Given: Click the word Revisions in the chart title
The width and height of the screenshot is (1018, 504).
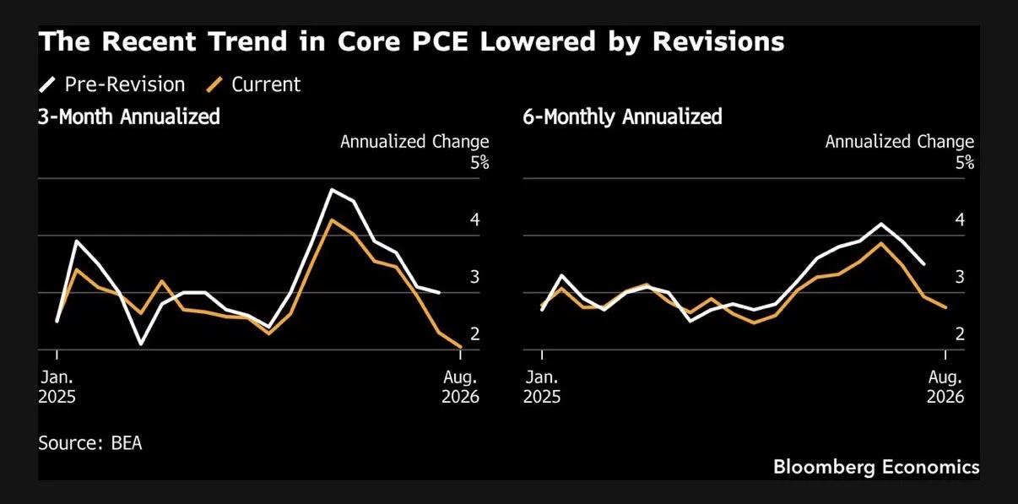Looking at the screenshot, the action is [718, 41].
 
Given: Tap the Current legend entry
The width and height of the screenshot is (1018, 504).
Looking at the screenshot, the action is [253, 84].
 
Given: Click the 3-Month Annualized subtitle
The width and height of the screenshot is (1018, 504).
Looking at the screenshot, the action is [129, 117].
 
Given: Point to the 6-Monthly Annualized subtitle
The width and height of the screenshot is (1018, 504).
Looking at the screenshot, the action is [622, 117].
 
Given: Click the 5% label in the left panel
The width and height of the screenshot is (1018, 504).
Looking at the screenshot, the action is [480, 162].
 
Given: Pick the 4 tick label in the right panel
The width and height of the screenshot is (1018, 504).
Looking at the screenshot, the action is [960, 220].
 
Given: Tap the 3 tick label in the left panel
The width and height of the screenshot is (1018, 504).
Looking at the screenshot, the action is [475, 277].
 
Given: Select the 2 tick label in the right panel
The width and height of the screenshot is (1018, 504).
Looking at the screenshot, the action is [960, 334].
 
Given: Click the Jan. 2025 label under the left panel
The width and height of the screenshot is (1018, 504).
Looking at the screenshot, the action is [57, 387].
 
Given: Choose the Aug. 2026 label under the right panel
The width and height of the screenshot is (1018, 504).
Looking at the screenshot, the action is [945, 387].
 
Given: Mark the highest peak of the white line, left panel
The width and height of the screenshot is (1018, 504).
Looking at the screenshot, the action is [333, 189].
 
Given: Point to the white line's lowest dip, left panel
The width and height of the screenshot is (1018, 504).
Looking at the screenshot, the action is [140, 344].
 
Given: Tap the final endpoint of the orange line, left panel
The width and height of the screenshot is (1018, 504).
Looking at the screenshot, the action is [460, 348].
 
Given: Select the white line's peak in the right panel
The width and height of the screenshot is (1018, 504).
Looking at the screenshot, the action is [881, 224].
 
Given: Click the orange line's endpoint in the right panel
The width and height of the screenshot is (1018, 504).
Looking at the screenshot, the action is [945, 307].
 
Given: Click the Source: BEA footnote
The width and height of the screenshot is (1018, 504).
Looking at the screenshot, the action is [90, 443].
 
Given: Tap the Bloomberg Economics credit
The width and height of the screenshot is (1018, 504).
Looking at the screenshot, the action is [876, 467].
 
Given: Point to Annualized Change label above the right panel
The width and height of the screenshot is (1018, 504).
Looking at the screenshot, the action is [899, 142].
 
